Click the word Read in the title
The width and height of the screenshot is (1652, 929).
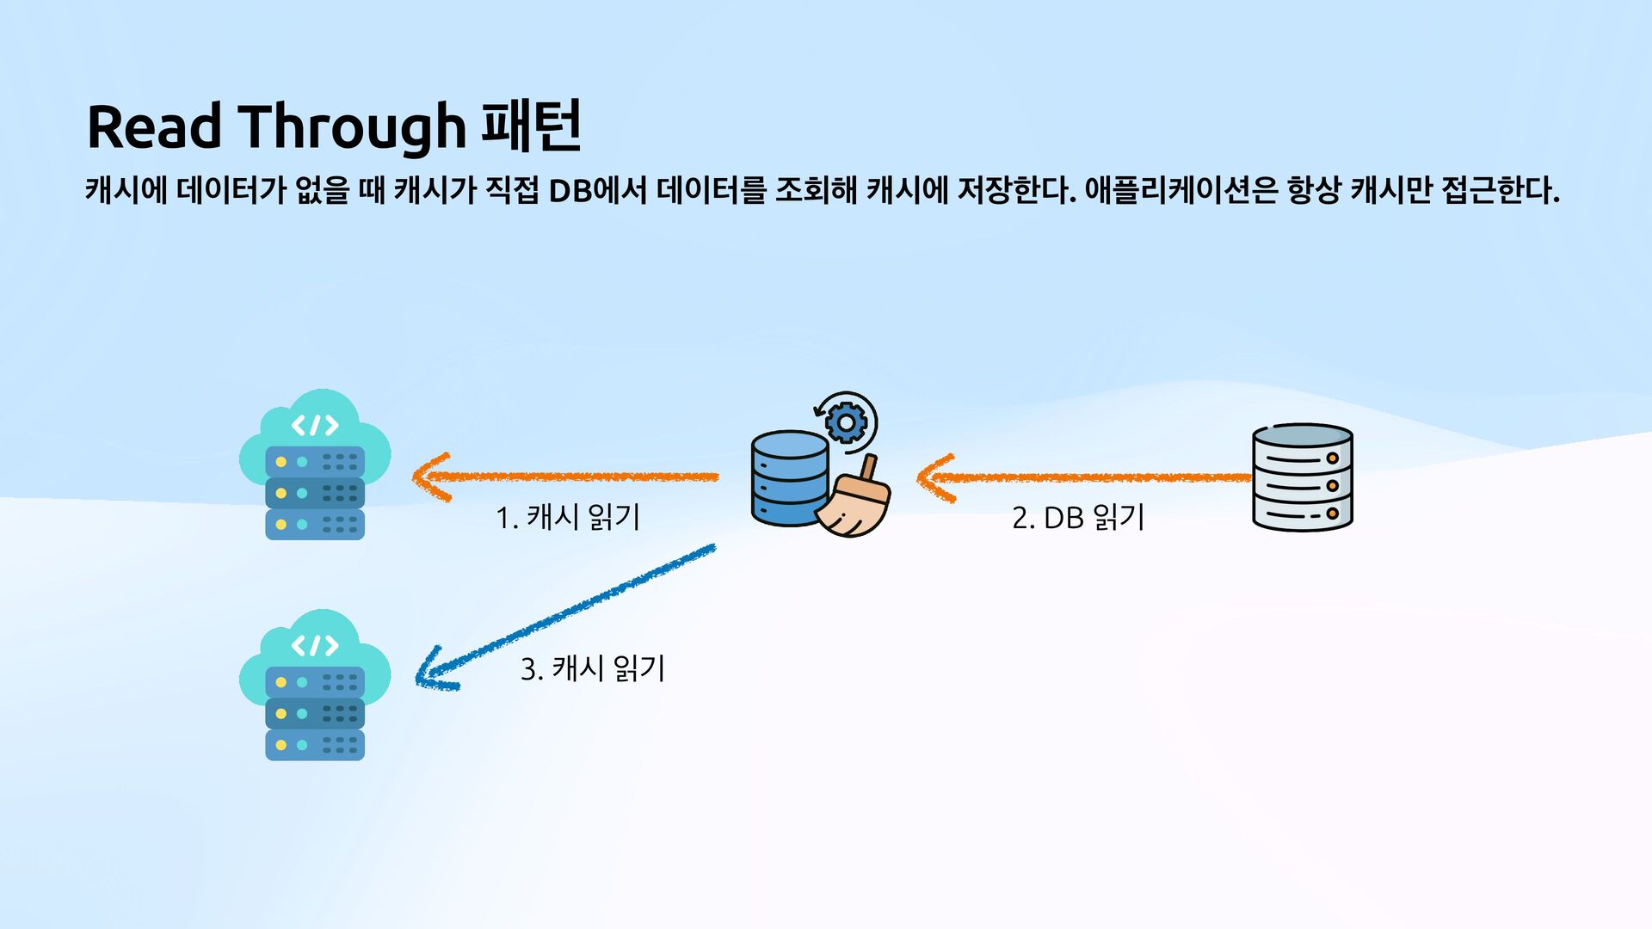click(x=155, y=127)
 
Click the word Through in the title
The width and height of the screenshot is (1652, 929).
click(x=351, y=127)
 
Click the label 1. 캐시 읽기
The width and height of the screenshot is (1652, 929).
click(x=568, y=517)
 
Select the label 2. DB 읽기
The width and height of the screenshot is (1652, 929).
click(x=1078, y=517)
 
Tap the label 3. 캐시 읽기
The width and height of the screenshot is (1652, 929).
click(x=593, y=668)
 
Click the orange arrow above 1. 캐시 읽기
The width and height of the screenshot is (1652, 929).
click(x=568, y=477)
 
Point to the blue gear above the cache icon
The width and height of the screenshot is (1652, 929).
click(x=846, y=422)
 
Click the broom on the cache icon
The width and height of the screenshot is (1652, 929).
click(x=854, y=503)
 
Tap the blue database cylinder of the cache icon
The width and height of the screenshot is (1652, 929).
click(x=788, y=477)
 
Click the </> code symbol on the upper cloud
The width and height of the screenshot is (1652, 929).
click(x=315, y=425)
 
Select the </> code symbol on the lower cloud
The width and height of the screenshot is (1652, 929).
click(x=315, y=645)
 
